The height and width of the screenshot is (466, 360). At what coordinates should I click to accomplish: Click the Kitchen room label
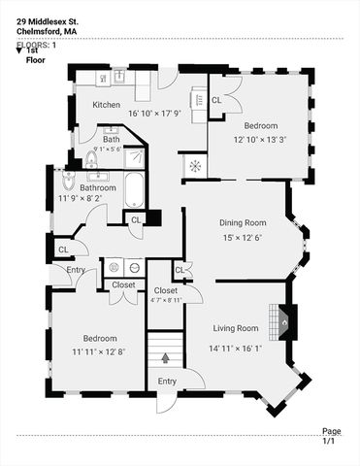(106, 104)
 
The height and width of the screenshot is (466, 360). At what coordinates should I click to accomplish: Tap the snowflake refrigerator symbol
(194, 166)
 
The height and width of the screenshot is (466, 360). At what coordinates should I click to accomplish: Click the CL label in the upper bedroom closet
(216, 99)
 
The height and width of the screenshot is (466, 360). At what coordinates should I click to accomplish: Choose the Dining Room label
(243, 222)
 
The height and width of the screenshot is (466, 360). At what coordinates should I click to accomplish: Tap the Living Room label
(235, 327)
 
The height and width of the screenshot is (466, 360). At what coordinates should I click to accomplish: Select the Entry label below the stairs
(167, 382)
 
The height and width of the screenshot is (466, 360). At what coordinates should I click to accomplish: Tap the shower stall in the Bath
(135, 157)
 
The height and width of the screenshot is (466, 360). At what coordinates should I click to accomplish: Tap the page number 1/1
(330, 441)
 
